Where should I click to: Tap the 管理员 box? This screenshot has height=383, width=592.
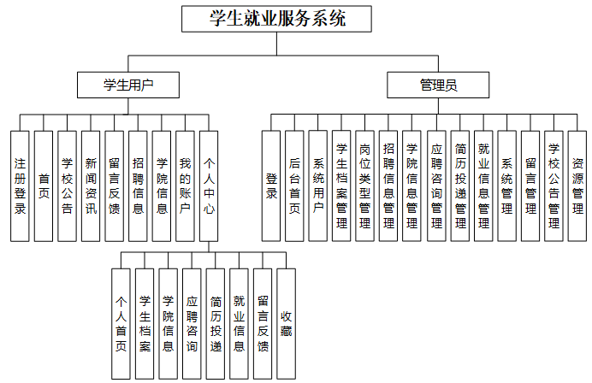click(438, 85)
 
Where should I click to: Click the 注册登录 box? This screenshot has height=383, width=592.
click(21, 186)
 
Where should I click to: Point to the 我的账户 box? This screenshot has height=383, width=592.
click(185, 186)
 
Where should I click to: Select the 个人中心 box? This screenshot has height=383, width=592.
click(209, 186)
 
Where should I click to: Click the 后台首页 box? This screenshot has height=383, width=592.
click(294, 186)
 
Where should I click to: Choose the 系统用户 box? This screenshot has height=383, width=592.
click(318, 186)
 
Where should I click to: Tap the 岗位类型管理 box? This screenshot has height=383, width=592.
click(365, 186)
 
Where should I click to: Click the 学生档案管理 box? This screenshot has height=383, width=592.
click(341, 186)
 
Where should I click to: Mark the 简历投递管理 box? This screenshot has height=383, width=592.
click(460, 186)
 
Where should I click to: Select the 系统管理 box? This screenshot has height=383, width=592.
click(507, 186)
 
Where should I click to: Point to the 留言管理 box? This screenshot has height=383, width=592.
click(530, 186)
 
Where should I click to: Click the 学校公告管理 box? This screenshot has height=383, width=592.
click(554, 186)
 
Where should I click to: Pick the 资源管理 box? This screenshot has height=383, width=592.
click(577, 186)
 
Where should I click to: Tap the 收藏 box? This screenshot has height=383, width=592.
click(286, 324)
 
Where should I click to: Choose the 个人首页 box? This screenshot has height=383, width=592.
click(121, 324)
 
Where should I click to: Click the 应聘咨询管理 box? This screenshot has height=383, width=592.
click(436, 186)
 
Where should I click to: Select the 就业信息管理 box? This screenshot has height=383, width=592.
click(483, 186)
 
